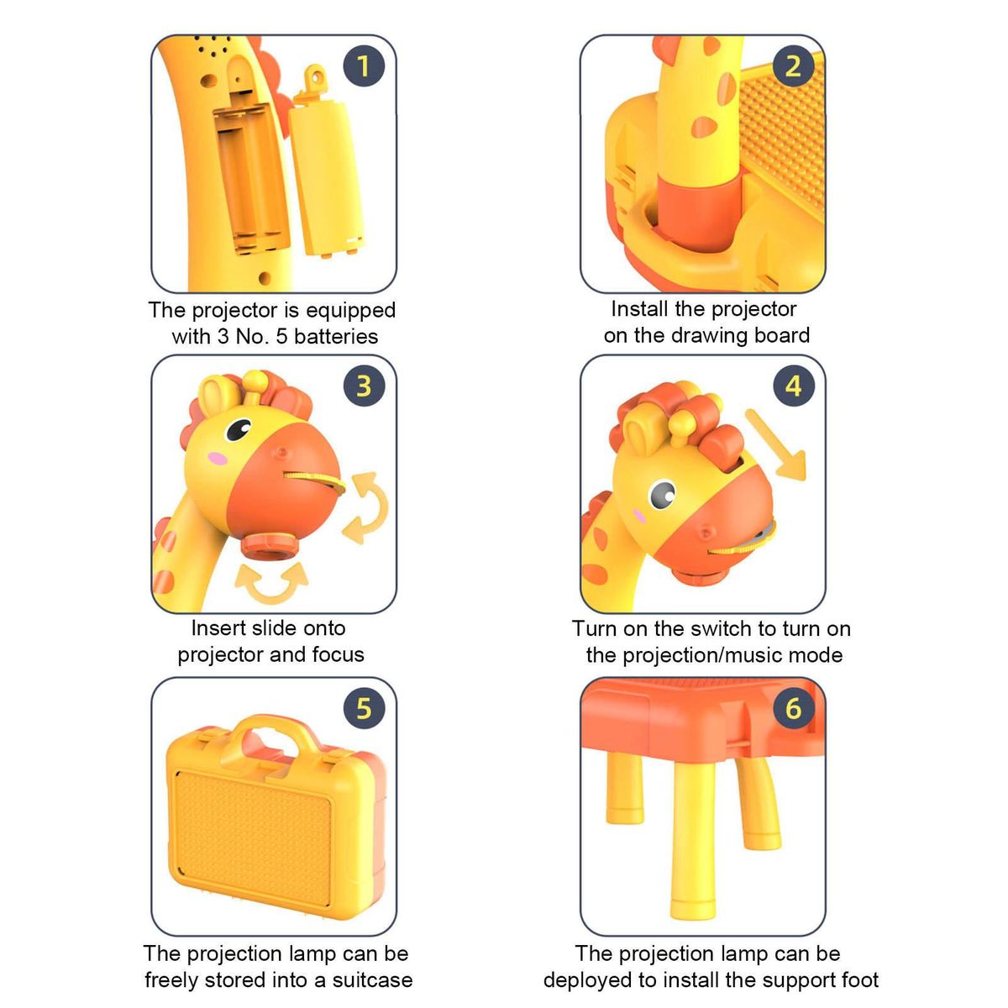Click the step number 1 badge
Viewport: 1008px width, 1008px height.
pos(364,66)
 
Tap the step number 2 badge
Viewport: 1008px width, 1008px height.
pos(793,66)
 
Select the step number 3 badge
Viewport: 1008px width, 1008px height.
pos(364,386)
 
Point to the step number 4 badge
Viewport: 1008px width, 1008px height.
pos(794,386)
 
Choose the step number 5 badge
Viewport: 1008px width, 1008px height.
pos(364,708)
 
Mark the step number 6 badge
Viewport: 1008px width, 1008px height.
pos(794,708)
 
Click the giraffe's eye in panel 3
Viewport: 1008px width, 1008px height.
pos(239,429)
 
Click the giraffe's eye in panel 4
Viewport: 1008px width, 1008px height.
pos(663,494)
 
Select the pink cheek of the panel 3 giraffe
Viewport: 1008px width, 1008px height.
pos(218,459)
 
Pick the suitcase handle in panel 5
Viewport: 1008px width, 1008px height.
pos(273,734)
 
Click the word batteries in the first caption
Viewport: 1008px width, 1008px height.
pos(336,336)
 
